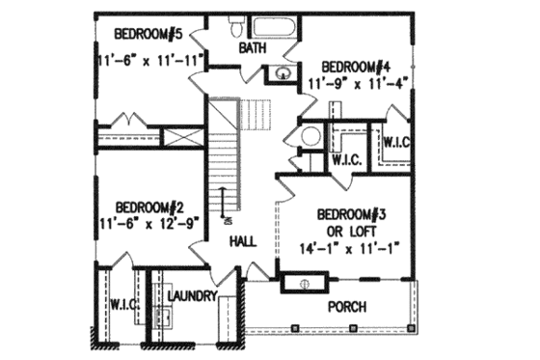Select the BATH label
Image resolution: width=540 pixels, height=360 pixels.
click(x=254, y=47)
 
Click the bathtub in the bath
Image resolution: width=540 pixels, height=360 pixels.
click(x=276, y=27)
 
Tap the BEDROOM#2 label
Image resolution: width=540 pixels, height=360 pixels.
click(x=149, y=207)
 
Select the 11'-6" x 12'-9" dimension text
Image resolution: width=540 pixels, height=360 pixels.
click(x=149, y=223)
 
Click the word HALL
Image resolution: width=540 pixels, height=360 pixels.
click(x=243, y=245)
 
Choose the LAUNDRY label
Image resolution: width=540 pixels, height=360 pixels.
click(x=191, y=295)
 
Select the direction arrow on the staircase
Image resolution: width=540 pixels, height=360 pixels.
click(x=224, y=203)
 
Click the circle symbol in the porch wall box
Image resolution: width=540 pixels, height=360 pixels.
click(x=304, y=283)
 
